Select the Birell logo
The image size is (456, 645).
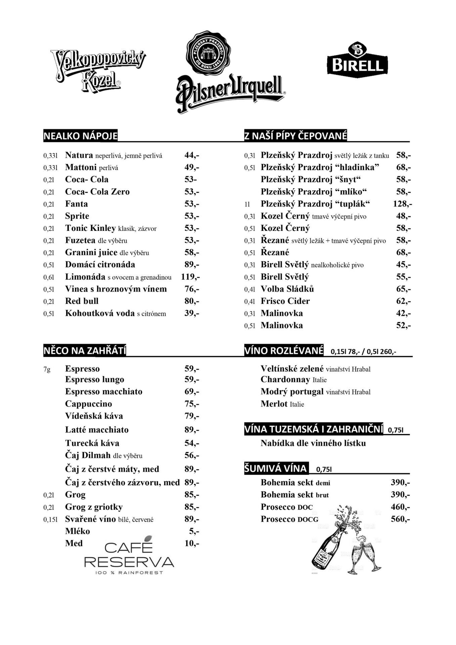357,60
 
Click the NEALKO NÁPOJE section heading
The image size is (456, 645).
81,136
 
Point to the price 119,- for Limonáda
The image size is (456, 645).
190,277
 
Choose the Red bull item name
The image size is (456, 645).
82,301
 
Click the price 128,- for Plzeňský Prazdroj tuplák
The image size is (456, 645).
402,204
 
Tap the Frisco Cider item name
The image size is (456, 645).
285,301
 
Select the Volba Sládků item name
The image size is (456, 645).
287,289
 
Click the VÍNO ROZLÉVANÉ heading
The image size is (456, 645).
284,351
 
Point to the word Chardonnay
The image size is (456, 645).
285,380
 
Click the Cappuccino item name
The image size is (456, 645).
88,404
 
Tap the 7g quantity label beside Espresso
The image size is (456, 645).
47,369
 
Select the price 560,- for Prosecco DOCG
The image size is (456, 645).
400,519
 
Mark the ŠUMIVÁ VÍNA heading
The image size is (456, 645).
275,469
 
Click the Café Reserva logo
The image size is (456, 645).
129,556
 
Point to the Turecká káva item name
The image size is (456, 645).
92,443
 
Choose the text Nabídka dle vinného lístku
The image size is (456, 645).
313,443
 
